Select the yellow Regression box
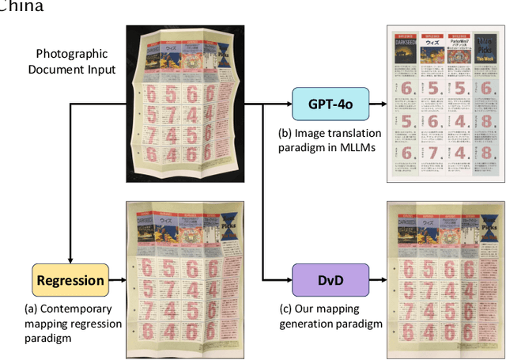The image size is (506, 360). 70,280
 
